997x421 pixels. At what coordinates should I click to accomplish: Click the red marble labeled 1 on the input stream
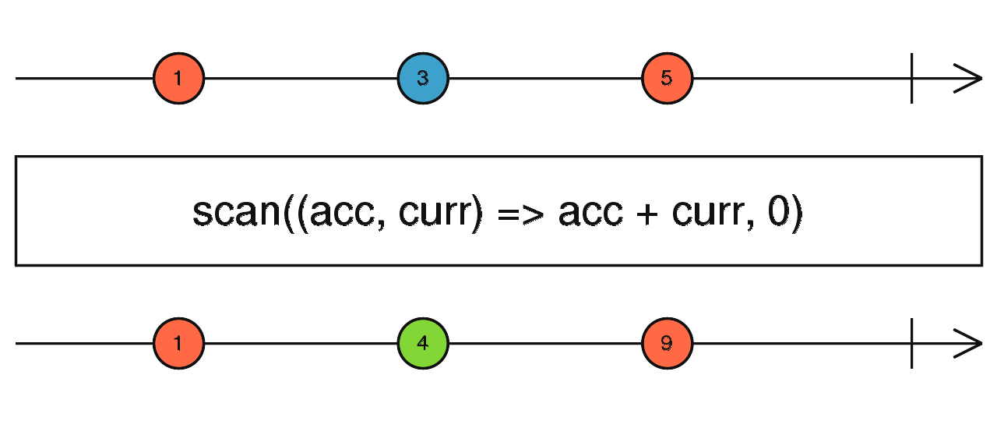[178, 79]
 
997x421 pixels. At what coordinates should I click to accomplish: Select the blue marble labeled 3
[423, 79]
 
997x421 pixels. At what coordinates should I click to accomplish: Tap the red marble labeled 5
[668, 79]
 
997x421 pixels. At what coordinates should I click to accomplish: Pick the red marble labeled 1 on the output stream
[178, 344]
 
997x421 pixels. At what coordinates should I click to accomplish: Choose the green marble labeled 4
[423, 344]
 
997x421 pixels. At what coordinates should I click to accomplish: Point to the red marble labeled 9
[668, 344]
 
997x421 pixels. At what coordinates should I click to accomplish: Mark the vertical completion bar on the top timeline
[912, 79]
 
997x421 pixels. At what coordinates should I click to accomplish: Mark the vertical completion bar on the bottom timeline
[912, 344]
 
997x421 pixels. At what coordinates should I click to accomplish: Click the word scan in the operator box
[236, 212]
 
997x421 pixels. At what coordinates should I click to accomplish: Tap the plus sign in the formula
[647, 214]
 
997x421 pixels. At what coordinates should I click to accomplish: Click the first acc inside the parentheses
[342, 213]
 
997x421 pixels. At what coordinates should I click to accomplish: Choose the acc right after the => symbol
[590, 213]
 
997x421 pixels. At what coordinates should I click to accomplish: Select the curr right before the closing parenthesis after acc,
[435, 213]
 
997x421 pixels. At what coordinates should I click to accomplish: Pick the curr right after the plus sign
[708, 213]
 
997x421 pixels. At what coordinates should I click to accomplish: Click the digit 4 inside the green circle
[423, 343]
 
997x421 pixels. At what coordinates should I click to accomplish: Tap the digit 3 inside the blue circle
[423, 79]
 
